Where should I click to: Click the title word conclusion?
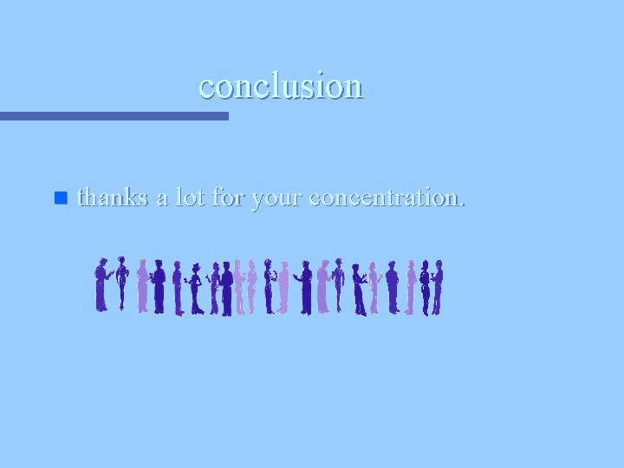tap(281, 86)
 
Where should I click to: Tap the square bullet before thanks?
tap(60, 198)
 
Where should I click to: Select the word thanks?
tap(112, 198)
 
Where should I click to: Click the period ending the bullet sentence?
tap(461, 205)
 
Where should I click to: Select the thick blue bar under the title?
tap(114, 115)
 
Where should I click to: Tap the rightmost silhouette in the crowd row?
tap(437, 286)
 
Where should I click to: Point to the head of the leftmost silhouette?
tap(103, 263)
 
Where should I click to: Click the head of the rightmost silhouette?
tap(439, 264)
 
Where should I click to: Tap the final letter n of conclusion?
tap(354, 88)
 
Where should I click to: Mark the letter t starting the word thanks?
tap(81, 198)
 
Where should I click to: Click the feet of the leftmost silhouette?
tap(101, 309)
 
